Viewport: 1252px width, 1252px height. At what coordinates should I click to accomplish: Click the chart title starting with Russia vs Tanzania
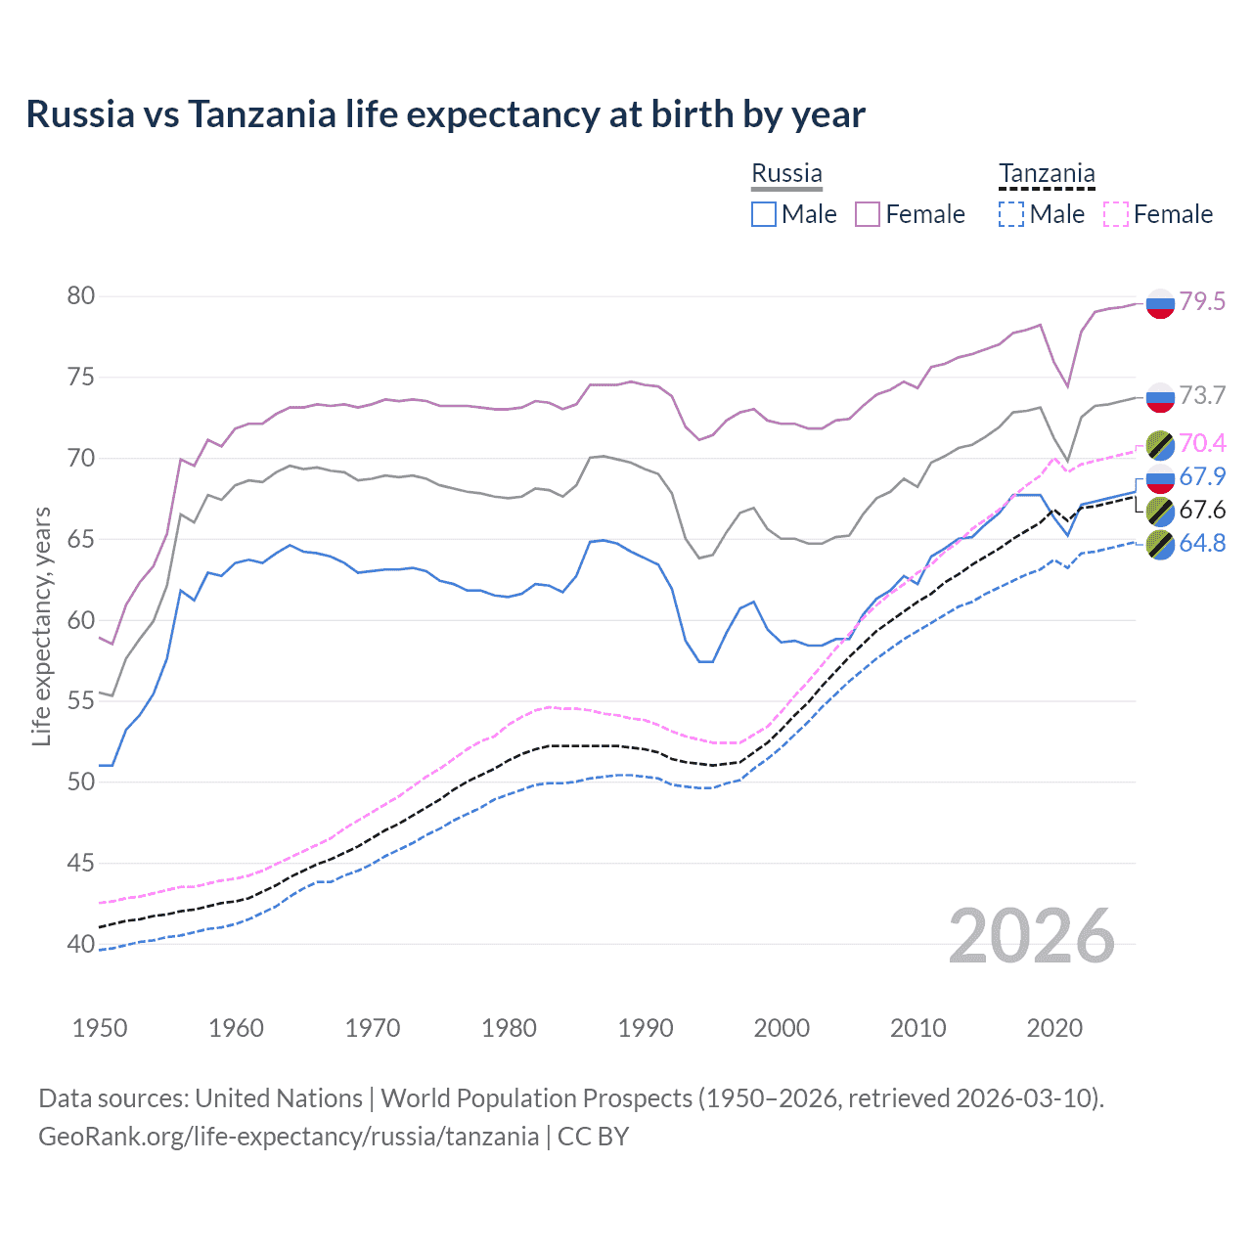point(445,114)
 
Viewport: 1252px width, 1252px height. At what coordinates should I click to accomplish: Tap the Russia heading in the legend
point(786,173)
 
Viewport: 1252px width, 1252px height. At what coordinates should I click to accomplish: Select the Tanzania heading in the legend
point(1047,173)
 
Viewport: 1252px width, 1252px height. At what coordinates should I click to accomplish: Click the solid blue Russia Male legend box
point(764,214)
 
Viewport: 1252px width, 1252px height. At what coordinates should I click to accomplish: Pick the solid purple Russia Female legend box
point(868,214)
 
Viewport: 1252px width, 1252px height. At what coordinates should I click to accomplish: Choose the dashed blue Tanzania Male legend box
point(1011,214)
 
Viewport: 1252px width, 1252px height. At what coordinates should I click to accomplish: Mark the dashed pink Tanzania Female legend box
point(1116,214)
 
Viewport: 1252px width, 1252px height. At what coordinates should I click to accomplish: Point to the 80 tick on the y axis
point(81,295)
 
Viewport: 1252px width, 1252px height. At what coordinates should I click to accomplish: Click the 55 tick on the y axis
point(81,700)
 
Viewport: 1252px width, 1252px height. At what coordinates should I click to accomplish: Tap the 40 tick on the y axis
point(81,944)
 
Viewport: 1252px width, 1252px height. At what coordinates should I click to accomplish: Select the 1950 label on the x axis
point(100,1028)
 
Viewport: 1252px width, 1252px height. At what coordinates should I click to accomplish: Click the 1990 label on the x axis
point(646,1028)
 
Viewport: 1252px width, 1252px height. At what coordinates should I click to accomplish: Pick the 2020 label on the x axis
point(1054,1028)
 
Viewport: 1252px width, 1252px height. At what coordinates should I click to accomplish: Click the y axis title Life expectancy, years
point(41,626)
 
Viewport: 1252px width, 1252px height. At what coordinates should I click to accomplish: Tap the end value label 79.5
point(1202,301)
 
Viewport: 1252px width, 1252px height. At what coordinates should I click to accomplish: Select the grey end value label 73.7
point(1202,395)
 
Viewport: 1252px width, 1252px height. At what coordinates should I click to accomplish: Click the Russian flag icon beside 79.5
point(1160,303)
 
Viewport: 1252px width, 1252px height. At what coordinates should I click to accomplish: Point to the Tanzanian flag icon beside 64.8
point(1160,544)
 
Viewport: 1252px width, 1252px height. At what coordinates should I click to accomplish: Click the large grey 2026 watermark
point(1032,936)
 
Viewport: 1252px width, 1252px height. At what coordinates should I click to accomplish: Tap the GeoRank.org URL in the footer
point(289,1136)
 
